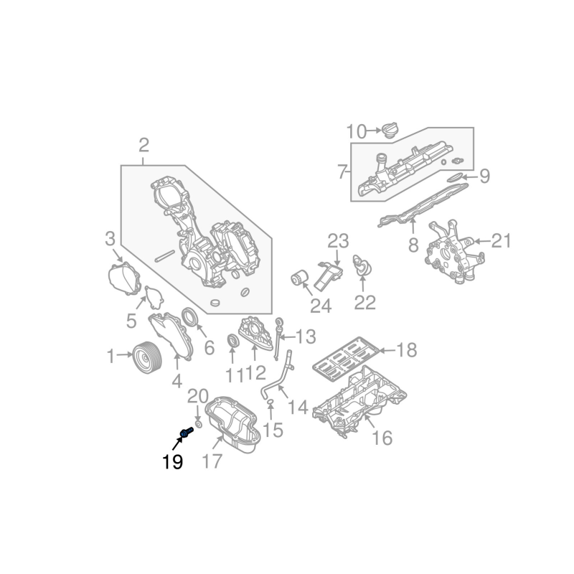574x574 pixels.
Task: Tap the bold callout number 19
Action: click(172, 461)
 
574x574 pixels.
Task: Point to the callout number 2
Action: click(143, 146)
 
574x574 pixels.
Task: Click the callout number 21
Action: click(501, 242)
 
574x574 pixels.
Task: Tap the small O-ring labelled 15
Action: click(270, 405)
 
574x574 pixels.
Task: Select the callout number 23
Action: click(338, 241)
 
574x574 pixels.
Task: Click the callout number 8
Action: click(413, 245)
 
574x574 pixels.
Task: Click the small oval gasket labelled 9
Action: click(453, 177)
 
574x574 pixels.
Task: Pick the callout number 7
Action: click(342, 171)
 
